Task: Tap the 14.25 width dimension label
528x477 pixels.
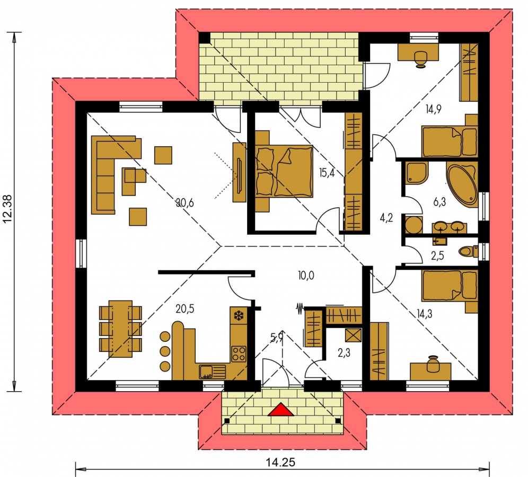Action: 280,462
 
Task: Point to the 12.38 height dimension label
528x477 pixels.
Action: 7,208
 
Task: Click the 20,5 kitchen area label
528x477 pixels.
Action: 185,308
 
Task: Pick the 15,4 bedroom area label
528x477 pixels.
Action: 327,173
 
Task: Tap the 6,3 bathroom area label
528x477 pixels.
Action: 439,202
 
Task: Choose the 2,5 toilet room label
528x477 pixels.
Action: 437,255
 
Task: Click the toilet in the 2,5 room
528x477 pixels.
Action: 468,251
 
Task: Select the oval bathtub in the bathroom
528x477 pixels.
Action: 462,184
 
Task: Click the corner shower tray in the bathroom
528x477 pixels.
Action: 417,173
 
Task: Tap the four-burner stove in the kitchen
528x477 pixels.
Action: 239,354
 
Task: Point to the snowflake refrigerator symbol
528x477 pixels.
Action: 239,315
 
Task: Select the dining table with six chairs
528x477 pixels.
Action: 120,329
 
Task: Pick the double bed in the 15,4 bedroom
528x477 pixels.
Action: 284,171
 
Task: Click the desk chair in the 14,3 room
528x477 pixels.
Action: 434,364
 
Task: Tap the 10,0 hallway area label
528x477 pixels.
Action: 306,276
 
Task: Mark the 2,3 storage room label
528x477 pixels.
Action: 344,352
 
